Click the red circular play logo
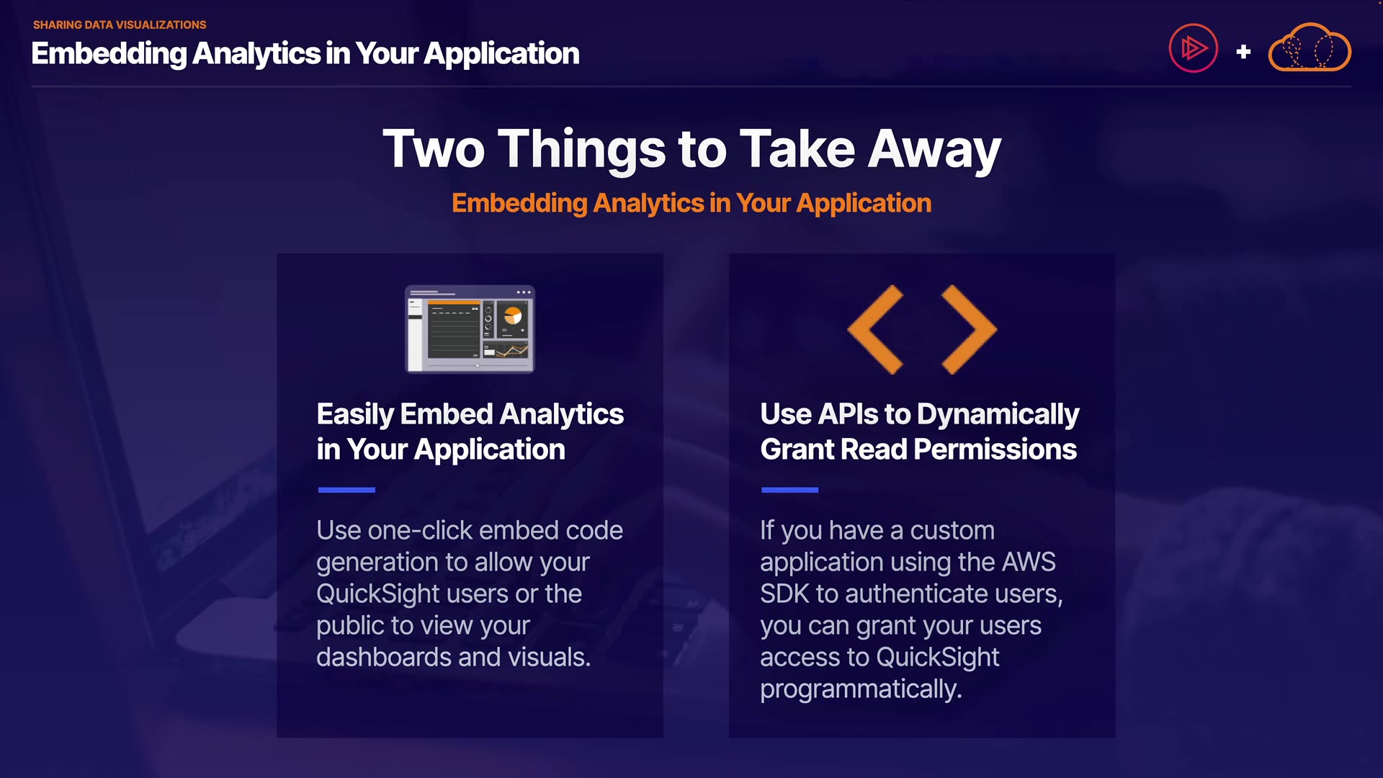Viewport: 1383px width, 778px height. coord(1193,48)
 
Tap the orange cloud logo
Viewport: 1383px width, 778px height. coord(1310,48)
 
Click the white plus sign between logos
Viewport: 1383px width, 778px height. coord(1243,52)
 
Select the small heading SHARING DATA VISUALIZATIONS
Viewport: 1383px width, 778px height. coord(120,24)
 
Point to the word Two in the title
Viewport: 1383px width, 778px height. coord(434,149)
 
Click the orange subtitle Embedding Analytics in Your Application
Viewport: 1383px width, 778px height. coord(691,203)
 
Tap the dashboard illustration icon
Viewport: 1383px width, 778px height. coord(470,329)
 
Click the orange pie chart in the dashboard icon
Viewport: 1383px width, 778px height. coord(513,316)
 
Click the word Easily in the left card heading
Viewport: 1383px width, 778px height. coord(355,415)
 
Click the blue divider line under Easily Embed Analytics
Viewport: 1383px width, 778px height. coord(346,490)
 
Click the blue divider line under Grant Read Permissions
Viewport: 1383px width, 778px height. coord(789,490)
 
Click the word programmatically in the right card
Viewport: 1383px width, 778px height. coord(861,689)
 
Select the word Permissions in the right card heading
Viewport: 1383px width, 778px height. coord(995,450)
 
